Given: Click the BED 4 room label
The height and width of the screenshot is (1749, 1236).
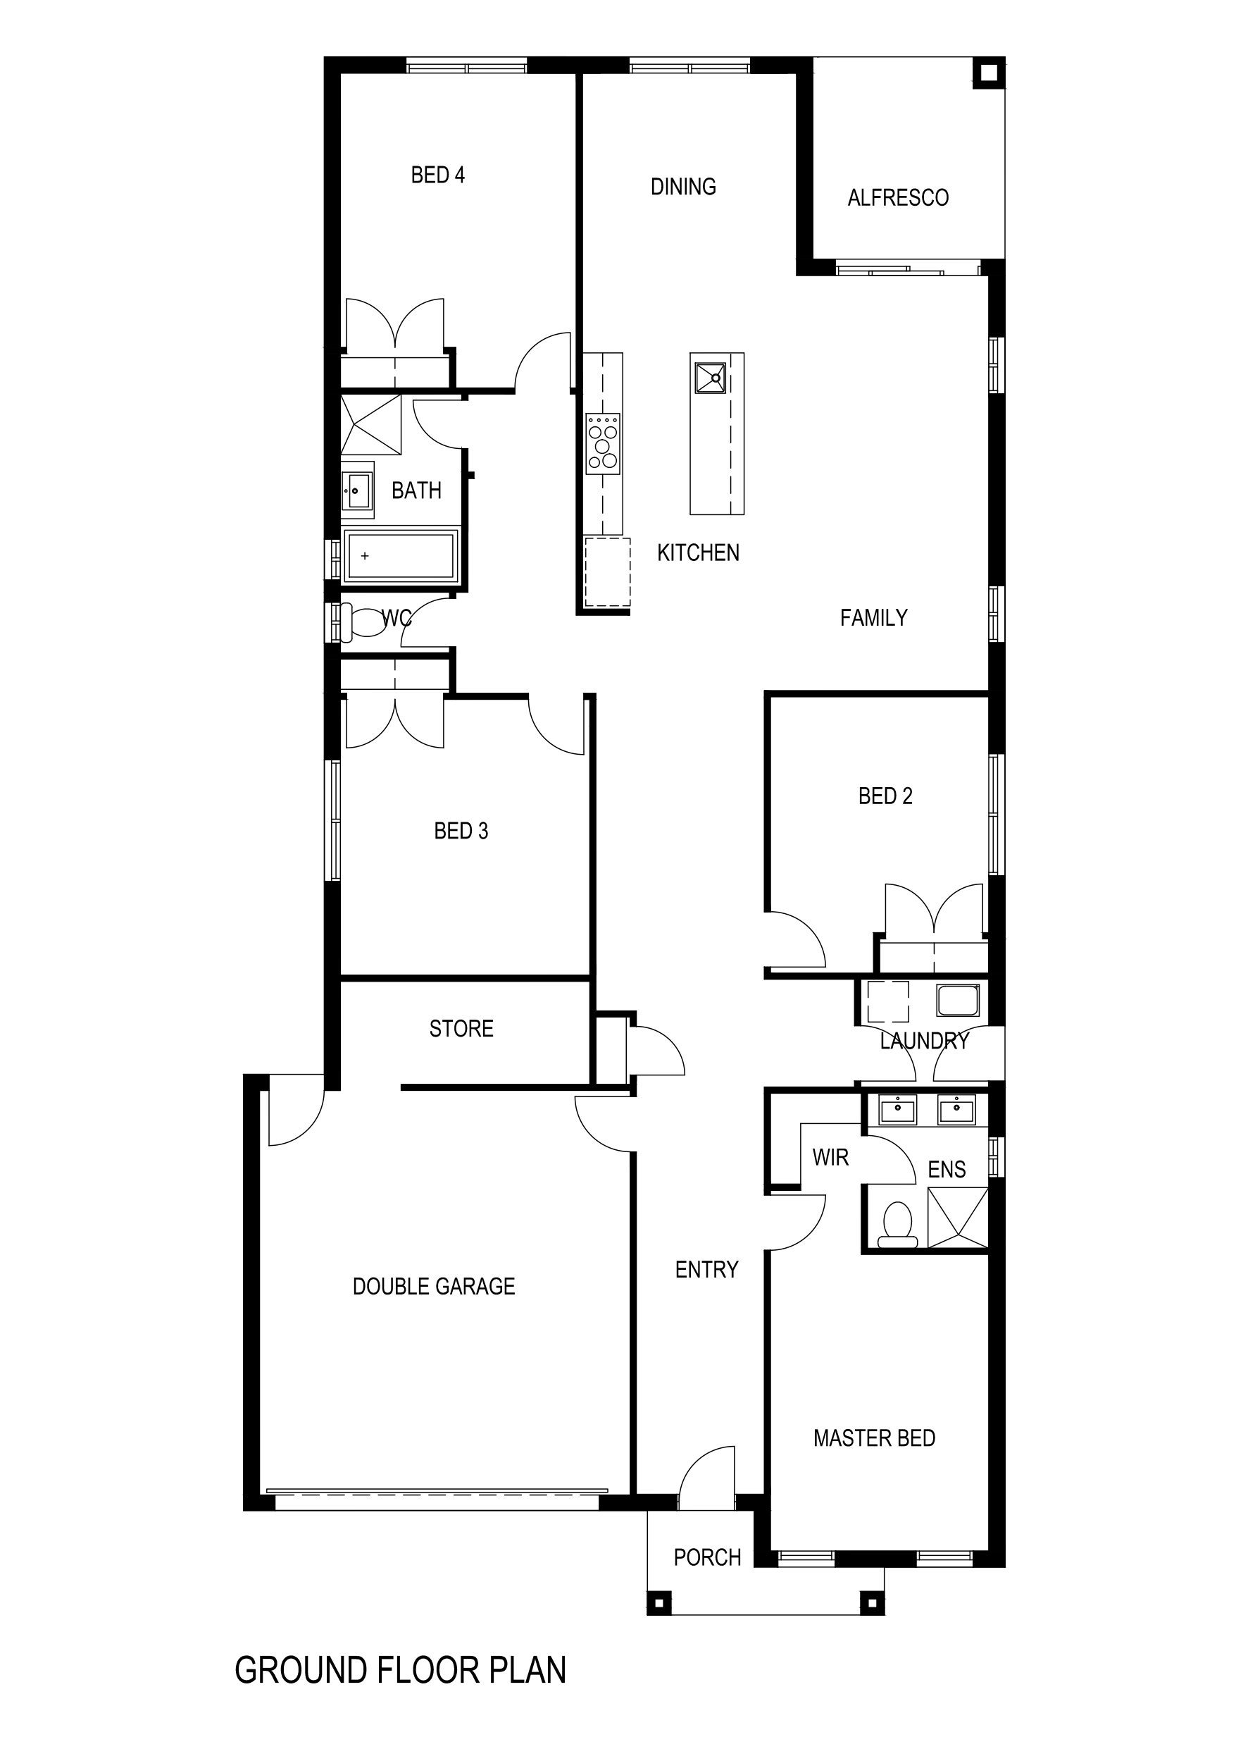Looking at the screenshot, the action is click(x=437, y=175).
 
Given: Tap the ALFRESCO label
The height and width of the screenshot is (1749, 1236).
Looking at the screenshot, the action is click(x=898, y=198).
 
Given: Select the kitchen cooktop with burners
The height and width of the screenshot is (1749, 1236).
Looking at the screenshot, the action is click(x=602, y=444).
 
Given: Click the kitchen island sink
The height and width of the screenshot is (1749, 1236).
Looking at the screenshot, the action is click(x=711, y=378).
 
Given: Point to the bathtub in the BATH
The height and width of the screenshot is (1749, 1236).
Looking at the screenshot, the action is click(x=400, y=555).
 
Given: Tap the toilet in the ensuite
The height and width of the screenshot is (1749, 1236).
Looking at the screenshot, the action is click(x=898, y=1225).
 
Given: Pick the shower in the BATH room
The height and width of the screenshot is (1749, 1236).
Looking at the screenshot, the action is click(x=371, y=424).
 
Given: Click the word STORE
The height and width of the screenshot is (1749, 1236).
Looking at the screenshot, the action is click(x=461, y=1029).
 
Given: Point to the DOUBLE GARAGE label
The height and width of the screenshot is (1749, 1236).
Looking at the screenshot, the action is click(x=434, y=1287).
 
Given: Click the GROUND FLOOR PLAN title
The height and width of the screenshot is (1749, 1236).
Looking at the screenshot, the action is click(x=401, y=1671).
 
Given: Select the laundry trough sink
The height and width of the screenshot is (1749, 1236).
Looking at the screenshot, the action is click(x=958, y=1000).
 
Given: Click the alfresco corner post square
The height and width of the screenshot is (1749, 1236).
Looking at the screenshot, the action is click(x=989, y=73).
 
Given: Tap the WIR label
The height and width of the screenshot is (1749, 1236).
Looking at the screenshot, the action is click(x=830, y=1158).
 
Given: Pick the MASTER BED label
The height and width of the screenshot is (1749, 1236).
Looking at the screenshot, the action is click(x=874, y=1438).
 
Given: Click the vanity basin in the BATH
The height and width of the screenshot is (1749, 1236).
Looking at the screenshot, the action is click(x=357, y=490).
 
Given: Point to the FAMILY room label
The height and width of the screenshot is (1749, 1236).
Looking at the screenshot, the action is click(x=873, y=618).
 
